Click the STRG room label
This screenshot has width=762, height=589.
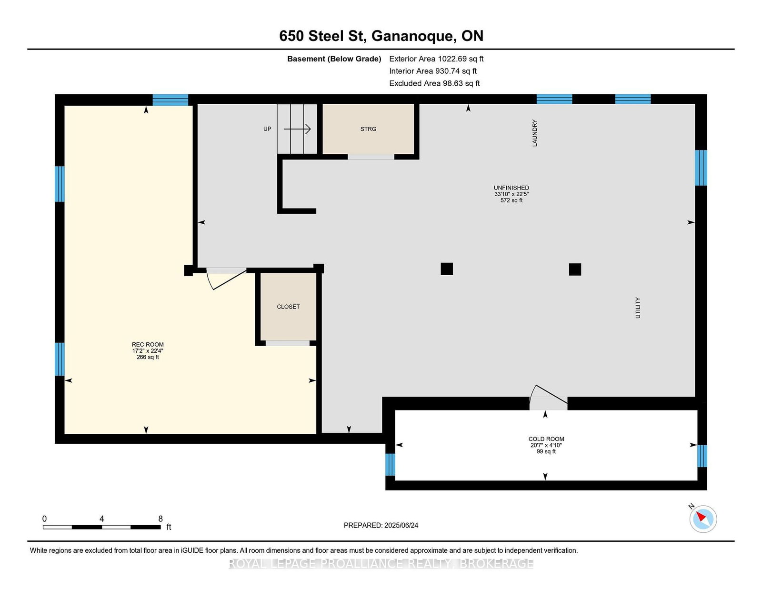[x=368, y=129]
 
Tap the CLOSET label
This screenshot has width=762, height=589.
[x=288, y=307]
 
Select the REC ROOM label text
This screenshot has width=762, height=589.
[x=148, y=345]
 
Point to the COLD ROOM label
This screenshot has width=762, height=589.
[x=546, y=439]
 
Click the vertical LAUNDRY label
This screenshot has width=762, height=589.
[x=535, y=133]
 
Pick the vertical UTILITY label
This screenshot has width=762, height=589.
[x=638, y=308]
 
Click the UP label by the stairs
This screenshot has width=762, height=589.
[x=267, y=129]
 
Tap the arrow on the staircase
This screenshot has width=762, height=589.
[x=297, y=129]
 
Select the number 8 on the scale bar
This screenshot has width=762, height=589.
[x=160, y=519]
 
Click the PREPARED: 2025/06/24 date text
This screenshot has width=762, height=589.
[x=381, y=525]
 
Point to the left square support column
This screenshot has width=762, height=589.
[x=447, y=269]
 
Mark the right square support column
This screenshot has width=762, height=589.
[x=575, y=269]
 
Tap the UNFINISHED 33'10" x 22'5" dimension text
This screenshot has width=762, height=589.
[x=511, y=194]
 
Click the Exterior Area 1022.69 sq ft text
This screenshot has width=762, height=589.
[x=436, y=59]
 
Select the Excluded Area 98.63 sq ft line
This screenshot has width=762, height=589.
[x=434, y=83]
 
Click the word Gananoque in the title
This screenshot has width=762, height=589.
[x=413, y=36]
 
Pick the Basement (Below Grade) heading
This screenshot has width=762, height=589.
[x=334, y=59]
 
